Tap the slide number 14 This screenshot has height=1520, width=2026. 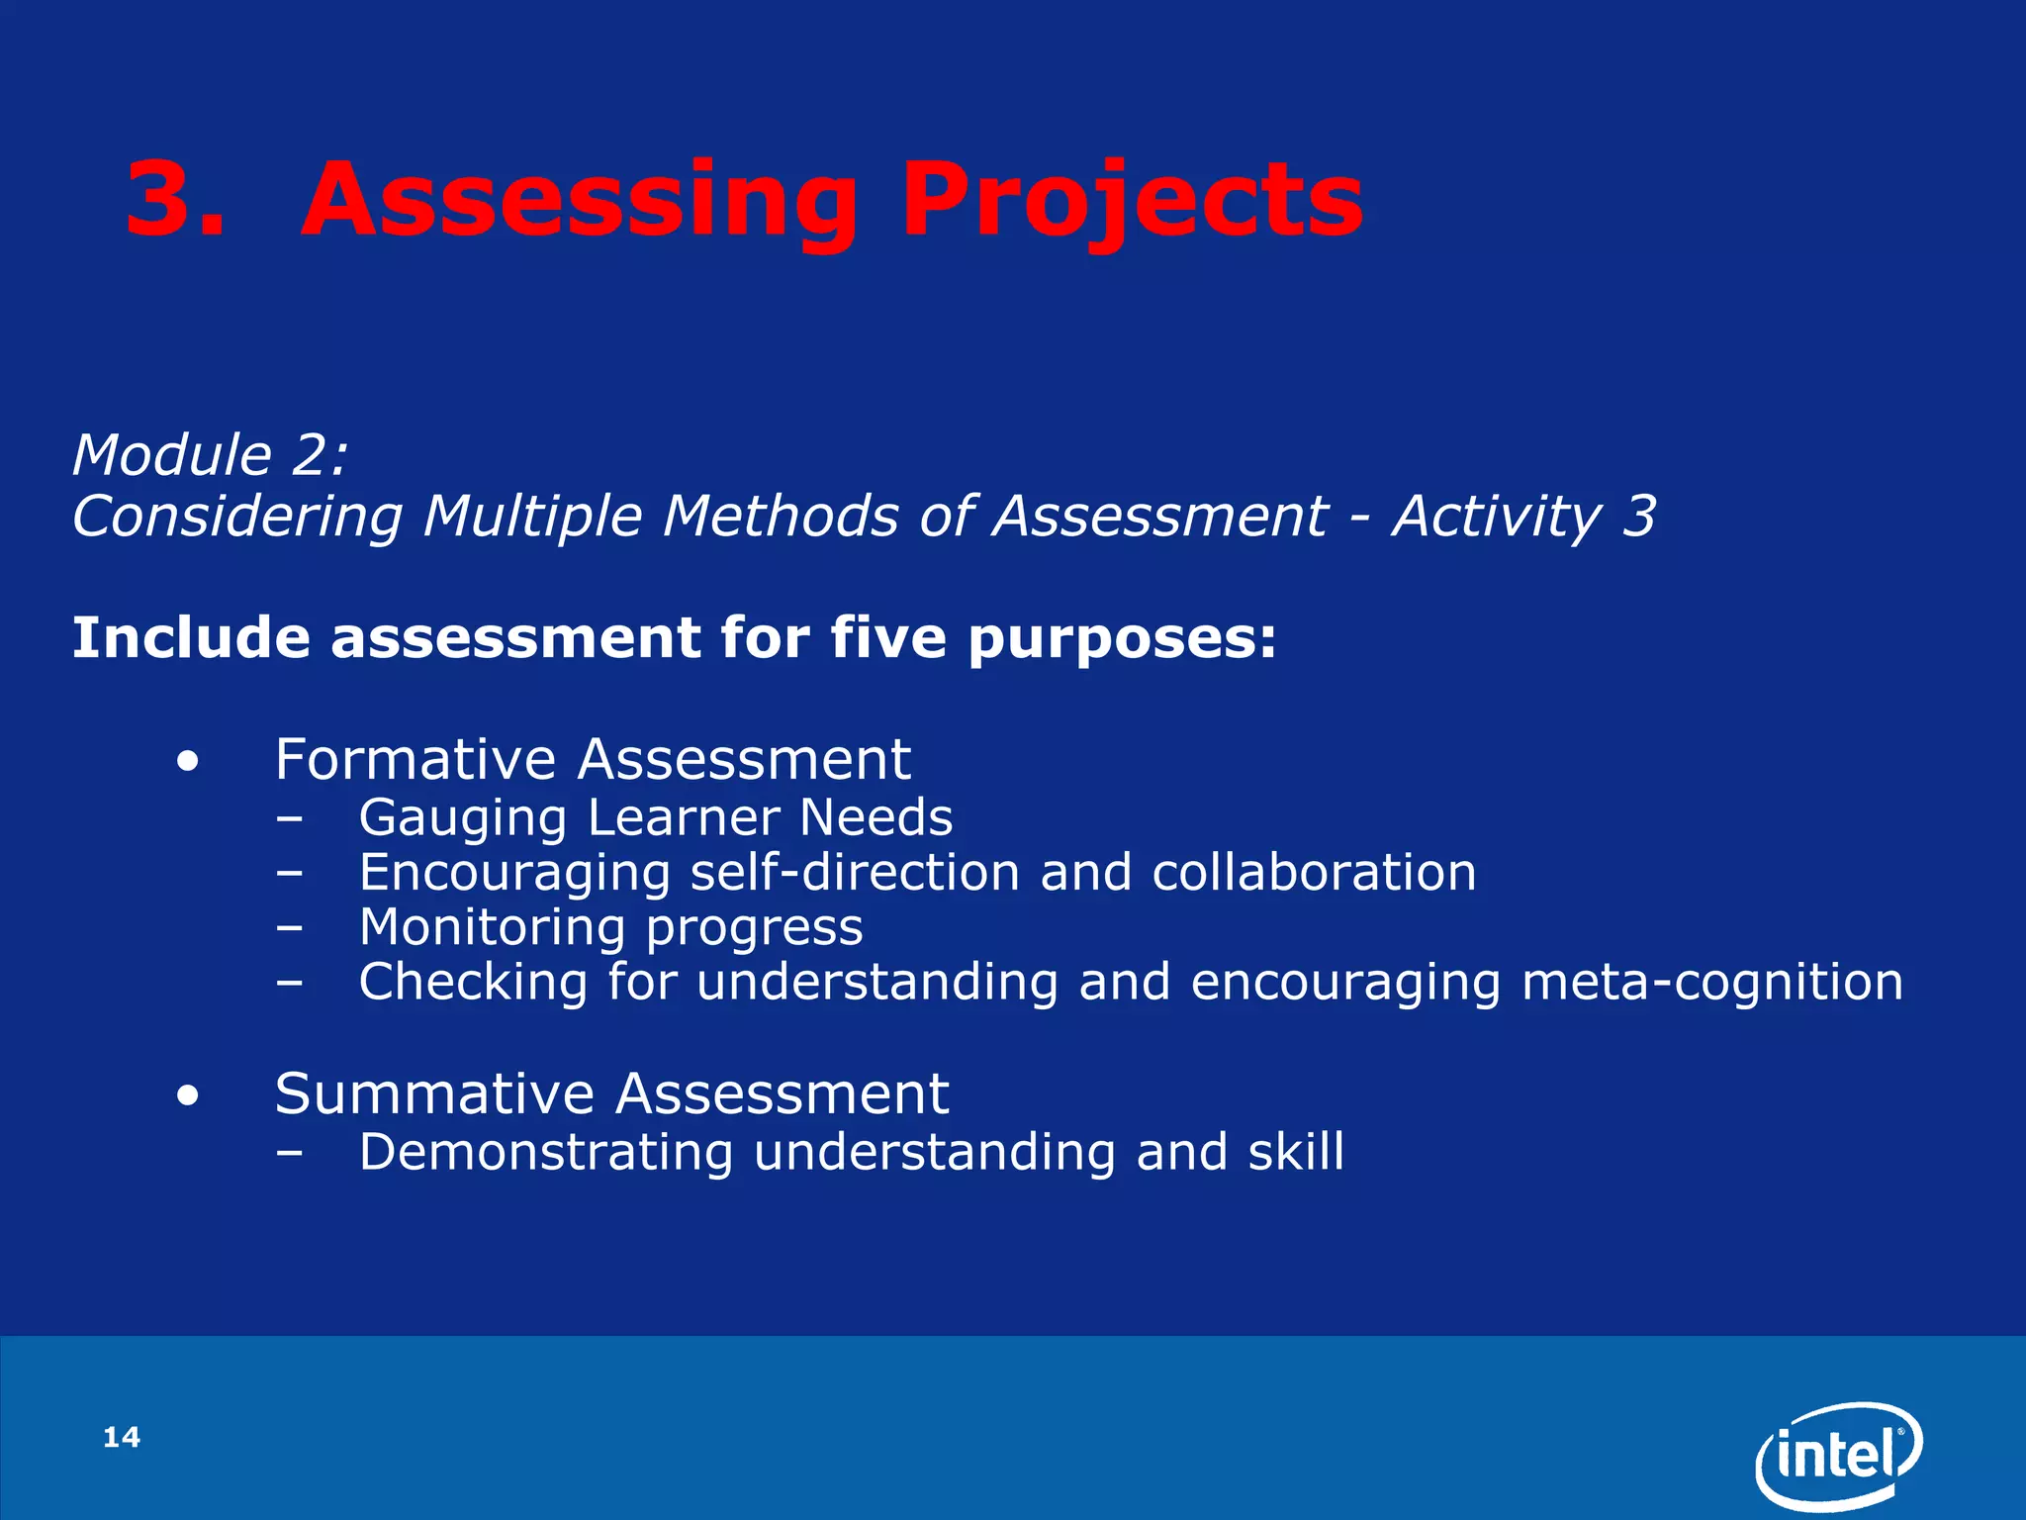pos(122,1437)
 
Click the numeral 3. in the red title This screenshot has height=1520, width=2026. pos(176,201)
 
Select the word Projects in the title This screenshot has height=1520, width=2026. pos(1132,201)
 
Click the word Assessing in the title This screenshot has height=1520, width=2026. pos(579,201)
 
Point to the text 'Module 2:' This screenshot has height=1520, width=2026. pos(210,455)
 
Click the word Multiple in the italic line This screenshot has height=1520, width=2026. pos(532,517)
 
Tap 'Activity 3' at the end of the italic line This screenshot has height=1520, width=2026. pos(1523,517)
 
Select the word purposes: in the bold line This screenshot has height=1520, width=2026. pos(1122,639)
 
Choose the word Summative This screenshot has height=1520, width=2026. pos(434,1093)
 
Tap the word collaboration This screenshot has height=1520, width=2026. pos(1314,872)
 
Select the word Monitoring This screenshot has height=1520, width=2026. pos(492,928)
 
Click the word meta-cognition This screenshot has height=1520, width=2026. pos(1711,982)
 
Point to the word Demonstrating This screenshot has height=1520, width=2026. pos(545,1152)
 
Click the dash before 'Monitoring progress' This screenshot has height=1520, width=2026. pos(290,928)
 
